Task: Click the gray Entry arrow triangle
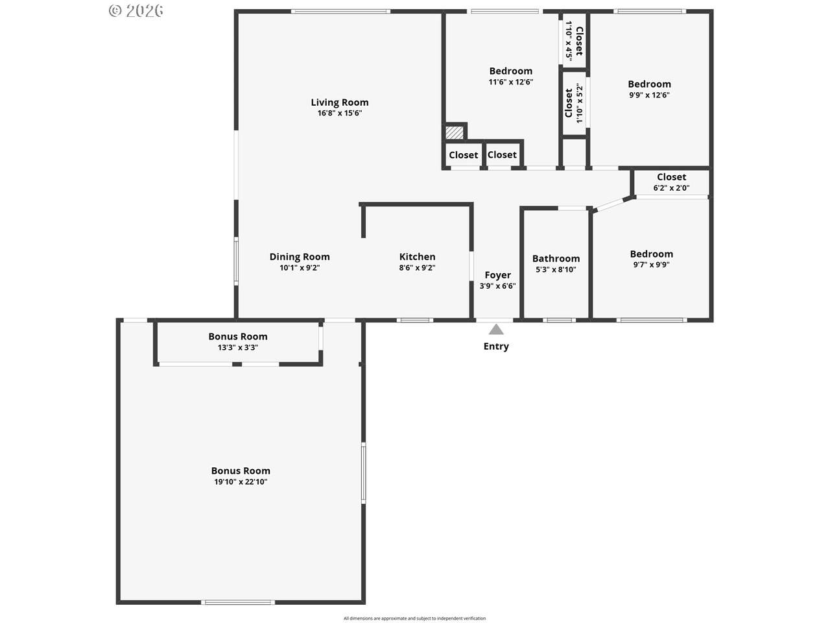tap(496, 330)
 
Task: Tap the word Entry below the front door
tap(496, 347)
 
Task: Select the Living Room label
tap(340, 102)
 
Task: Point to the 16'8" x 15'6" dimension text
tap(340, 113)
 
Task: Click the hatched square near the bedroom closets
tap(454, 132)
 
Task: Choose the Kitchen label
tap(417, 257)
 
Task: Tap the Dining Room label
tap(300, 257)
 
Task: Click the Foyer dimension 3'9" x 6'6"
tap(497, 286)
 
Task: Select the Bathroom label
tap(556, 259)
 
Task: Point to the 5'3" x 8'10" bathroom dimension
tap(556, 270)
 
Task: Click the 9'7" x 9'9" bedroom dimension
tap(651, 265)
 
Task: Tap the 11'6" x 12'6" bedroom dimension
tap(511, 82)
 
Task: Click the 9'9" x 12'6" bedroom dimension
tap(649, 95)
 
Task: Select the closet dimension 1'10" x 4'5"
tap(568, 40)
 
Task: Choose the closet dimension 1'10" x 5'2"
tap(579, 103)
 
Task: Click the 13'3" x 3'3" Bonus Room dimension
tap(238, 348)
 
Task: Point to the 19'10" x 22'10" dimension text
tap(241, 482)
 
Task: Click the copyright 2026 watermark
tap(136, 11)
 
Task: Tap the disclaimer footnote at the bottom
tap(414, 618)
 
